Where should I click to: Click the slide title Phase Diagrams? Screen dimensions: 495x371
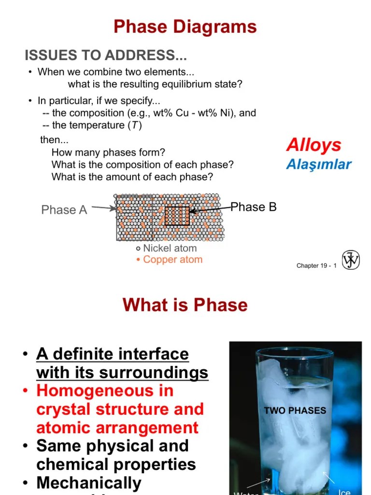pos(185,27)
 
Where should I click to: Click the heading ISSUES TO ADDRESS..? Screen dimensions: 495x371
pos(105,56)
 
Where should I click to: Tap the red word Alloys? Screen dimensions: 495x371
pos(313,145)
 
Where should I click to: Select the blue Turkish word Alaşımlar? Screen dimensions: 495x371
pos(318,164)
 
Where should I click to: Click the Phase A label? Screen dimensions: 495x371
pos(64,210)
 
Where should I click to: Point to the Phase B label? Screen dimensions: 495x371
pos(254,207)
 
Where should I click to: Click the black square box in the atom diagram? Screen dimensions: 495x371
pos(177,216)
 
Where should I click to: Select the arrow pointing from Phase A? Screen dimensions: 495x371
pos(104,208)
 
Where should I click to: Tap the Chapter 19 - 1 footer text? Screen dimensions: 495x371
pos(316,266)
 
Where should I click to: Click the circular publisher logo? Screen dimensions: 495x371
pos(351,261)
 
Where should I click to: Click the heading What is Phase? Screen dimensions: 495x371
pos(185,305)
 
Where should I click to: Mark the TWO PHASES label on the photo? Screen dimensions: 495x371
pos(295,411)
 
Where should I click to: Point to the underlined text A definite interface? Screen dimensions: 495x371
pos(112,354)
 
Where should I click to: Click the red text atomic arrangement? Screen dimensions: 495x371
pos(117,428)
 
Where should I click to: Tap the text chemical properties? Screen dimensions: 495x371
pos(116,465)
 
